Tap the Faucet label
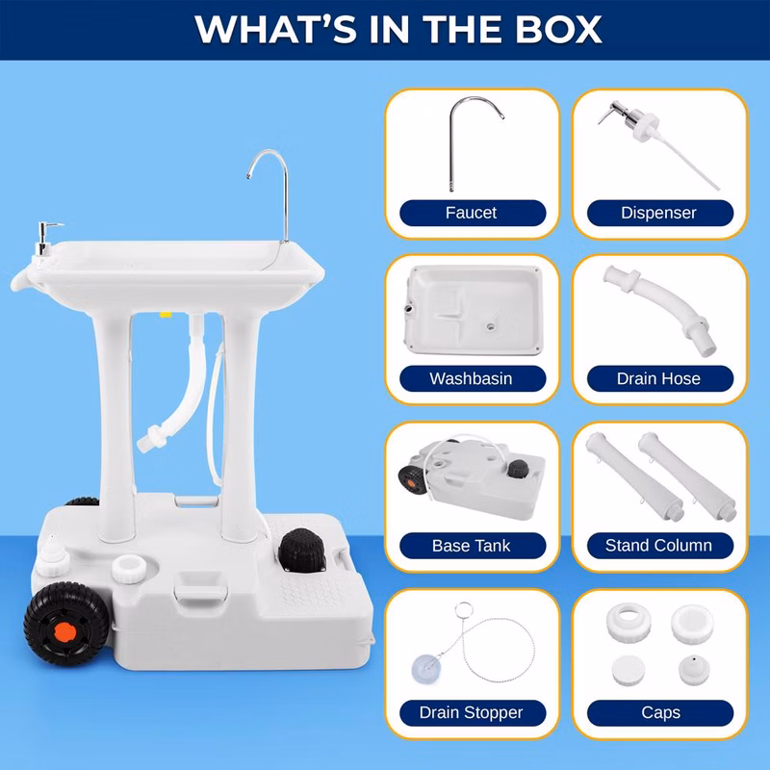(x=471, y=213)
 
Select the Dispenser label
(x=658, y=213)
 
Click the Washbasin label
(x=471, y=378)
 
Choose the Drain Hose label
(x=658, y=378)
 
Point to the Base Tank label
(x=471, y=546)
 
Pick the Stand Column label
(x=658, y=545)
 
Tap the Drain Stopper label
(x=471, y=712)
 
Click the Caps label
(x=660, y=712)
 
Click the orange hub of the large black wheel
(x=64, y=632)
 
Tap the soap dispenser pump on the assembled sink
(x=45, y=238)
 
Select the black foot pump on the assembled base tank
(x=302, y=550)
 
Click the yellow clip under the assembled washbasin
(x=166, y=315)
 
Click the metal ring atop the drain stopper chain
(x=464, y=610)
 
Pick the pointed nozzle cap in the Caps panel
(x=694, y=670)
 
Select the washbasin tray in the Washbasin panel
(x=475, y=310)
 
